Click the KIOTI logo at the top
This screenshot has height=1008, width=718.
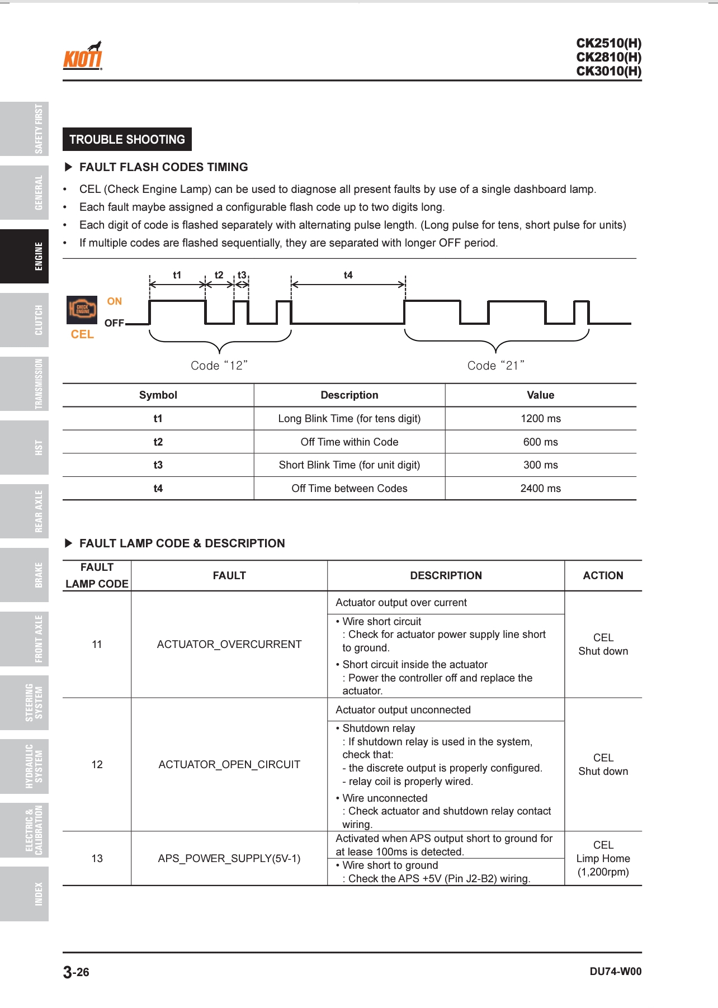pos(83,56)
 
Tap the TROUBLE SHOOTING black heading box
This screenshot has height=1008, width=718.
pos(127,139)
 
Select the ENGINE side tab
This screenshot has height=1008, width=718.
pos(25,257)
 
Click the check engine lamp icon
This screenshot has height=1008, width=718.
pos(82,310)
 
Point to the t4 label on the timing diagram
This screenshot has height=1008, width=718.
pos(348,275)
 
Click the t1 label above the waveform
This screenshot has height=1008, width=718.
pos(177,275)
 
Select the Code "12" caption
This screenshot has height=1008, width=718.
pos(219,366)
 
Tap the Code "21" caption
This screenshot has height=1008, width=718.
pos(496,366)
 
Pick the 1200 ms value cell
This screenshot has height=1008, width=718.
pos(540,419)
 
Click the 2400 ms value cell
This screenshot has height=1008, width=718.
pos(540,489)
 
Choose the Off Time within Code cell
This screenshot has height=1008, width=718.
pos(349,442)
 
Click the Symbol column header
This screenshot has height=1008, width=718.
pos(158,395)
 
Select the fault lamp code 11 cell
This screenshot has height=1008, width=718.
pos(97,645)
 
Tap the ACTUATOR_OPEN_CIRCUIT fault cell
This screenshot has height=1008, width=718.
pos(229,765)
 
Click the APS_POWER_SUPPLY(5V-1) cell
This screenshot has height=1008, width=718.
pos(229,859)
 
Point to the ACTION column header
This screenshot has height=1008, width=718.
pos(603,576)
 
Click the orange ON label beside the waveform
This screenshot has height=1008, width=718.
pos(115,301)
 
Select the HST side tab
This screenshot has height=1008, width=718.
pos(25,448)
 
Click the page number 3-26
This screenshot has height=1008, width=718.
pos(76,972)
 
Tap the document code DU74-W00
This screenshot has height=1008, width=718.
pos(615,972)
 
